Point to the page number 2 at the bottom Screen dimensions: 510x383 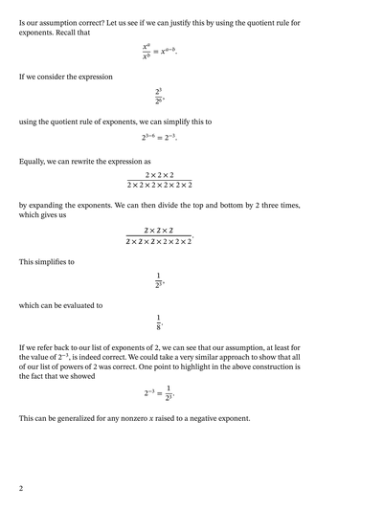pos(20,488)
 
